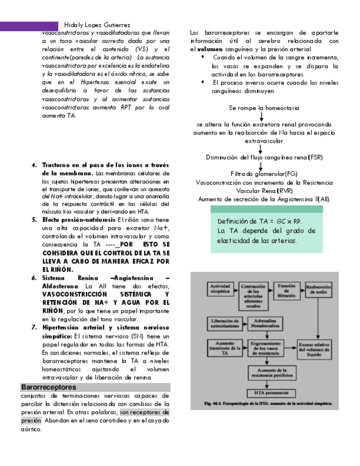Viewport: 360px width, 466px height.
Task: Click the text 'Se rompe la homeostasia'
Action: [x=259, y=108]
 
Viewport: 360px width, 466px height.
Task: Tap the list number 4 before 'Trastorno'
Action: [x=34, y=165]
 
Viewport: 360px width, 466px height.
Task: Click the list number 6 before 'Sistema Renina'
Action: [x=34, y=278]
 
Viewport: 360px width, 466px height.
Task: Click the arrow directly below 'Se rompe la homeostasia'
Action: [x=261, y=116]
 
